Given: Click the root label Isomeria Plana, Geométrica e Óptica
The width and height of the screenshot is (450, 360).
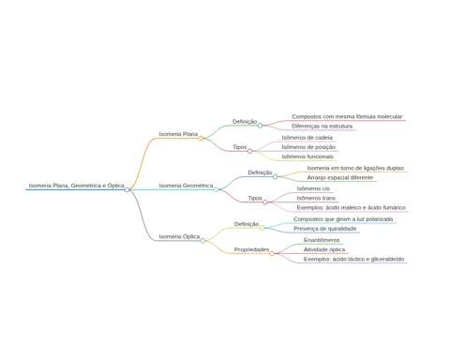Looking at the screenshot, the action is click(x=77, y=186).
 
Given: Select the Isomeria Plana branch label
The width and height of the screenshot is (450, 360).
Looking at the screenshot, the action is click(x=178, y=134).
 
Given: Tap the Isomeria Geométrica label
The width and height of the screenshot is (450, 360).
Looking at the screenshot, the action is click(x=186, y=186).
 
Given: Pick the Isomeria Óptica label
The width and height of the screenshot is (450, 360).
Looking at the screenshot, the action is click(x=179, y=237).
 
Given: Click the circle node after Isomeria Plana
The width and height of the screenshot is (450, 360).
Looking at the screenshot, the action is click(x=201, y=138).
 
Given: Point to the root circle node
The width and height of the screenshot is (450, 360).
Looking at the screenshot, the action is click(x=127, y=189).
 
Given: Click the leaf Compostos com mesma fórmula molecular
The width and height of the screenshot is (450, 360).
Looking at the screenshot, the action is click(x=347, y=116).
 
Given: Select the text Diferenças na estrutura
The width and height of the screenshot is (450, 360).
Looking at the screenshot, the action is click(x=322, y=127).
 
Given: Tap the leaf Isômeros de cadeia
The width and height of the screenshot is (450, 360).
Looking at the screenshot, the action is click(x=307, y=138).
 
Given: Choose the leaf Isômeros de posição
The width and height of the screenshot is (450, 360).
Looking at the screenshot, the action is click(x=308, y=147).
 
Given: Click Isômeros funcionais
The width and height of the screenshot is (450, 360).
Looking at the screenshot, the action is click(x=307, y=157).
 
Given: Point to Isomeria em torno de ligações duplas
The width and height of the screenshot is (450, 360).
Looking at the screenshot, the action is click(x=355, y=168).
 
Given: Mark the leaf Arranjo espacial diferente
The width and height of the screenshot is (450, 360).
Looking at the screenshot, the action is click(x=340, y=177).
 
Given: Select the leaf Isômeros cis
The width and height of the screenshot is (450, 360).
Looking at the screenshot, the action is click(x=313, y=188).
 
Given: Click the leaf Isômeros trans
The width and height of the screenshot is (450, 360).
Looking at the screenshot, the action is click(x=316, y=198).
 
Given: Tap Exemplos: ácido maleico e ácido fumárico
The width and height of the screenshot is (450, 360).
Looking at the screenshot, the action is click(x=352, y=207).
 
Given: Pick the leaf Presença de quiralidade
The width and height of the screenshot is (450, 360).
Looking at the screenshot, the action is click(x=325, y=229).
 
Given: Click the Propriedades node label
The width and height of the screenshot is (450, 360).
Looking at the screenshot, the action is click(x=251, y=249).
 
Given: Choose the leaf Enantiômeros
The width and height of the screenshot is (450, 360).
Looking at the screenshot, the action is click(x=322, y=240).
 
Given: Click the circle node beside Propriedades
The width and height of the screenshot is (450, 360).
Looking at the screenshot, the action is click(x=272, y=253).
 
